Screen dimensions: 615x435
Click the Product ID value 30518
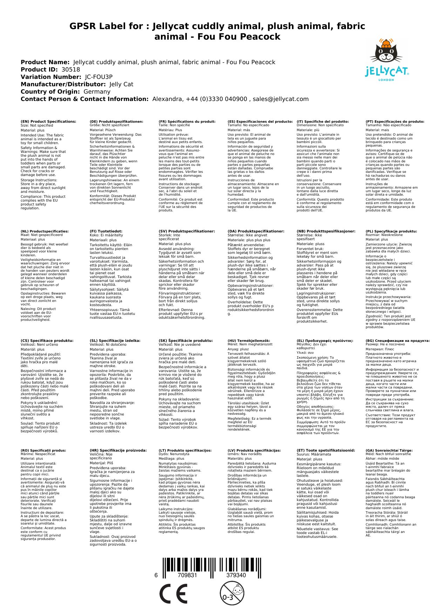70,69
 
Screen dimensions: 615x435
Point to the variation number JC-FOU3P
98,77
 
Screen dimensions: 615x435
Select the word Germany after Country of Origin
97,92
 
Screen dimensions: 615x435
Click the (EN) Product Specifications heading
48,122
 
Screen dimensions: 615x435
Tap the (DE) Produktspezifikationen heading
116,122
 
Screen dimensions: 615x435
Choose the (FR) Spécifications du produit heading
187,122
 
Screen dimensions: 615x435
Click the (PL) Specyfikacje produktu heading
391,231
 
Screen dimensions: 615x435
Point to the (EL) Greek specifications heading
325,340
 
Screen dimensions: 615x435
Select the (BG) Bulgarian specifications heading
397,340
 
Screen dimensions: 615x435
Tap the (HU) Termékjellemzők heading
249,340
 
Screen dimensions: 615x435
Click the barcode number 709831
187,575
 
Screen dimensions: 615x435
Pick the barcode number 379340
236,575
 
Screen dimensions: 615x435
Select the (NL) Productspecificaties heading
45,231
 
